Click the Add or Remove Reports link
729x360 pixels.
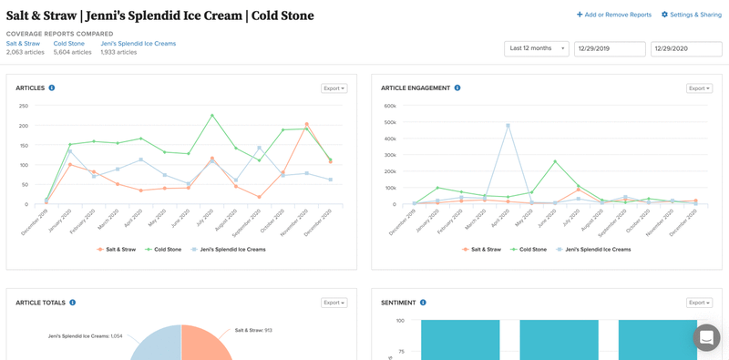click(614, 15)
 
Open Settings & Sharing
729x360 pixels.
click(691, 15)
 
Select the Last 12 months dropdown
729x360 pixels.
click(536, 48)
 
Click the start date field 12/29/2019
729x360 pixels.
click(610, 48)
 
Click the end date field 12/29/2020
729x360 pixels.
click(686, 48)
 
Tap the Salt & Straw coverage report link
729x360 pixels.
click(23, 44)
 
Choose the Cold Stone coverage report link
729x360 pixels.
click(69, 44)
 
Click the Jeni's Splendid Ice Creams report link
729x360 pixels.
click(138, 44)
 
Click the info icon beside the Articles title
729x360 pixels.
click(52, 88)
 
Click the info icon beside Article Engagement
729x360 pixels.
click(457, 88)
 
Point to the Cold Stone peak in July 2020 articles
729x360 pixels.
click(212, 116)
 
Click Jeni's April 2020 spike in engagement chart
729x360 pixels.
click(508, 126)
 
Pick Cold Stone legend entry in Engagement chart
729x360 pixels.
click(529, 249)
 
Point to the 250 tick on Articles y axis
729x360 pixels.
click(23, 106)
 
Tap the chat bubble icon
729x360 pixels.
click(706, 337)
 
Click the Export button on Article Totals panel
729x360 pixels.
click(334, 303)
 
